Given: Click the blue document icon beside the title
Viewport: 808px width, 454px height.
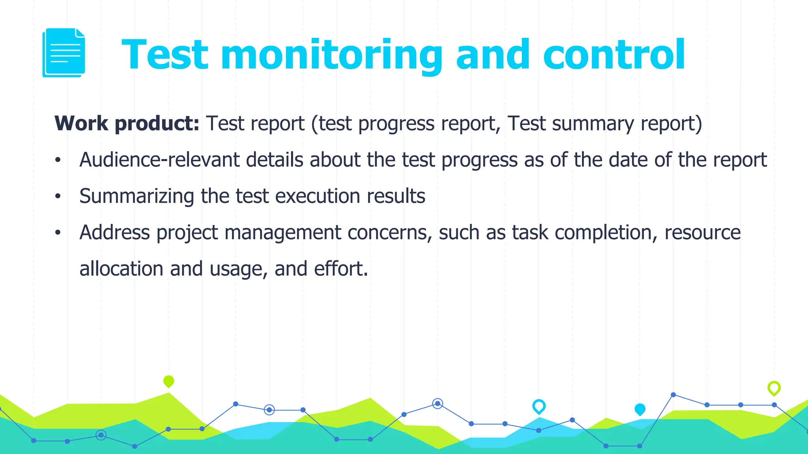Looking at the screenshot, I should (x=64, y=52).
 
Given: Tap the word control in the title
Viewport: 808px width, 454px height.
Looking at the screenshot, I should (x=614, y=55).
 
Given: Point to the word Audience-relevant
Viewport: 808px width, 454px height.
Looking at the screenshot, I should (x=159, y=160).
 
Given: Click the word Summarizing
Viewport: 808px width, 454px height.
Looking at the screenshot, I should (x=137, y=196).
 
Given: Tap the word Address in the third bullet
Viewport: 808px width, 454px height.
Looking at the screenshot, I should (x=114, y=233).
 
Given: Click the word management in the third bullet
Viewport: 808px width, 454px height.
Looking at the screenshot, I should (x=282, y=233).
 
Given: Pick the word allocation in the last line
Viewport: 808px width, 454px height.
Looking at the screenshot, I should (x=121, y=269).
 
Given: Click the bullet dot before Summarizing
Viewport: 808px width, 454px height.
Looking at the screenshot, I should (x=58, y=196).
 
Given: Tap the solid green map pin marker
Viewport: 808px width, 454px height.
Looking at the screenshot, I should (x=168, y=381).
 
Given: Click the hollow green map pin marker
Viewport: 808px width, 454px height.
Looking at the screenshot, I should (x=774, y=388).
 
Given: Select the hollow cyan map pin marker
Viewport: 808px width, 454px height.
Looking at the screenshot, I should (x=539, y=406).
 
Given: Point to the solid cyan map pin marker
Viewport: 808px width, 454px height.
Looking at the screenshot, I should (x=640, y=409).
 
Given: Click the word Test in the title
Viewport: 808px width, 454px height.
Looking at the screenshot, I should (x=165, y=55).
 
